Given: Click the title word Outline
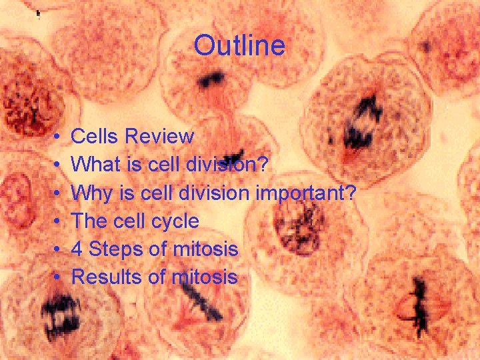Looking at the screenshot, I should click(239, 46).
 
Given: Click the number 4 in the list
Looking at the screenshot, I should click(77, 249).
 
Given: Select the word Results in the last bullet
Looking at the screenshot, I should click(107, 277).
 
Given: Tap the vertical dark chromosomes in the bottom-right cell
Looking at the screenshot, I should click(419, 306).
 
